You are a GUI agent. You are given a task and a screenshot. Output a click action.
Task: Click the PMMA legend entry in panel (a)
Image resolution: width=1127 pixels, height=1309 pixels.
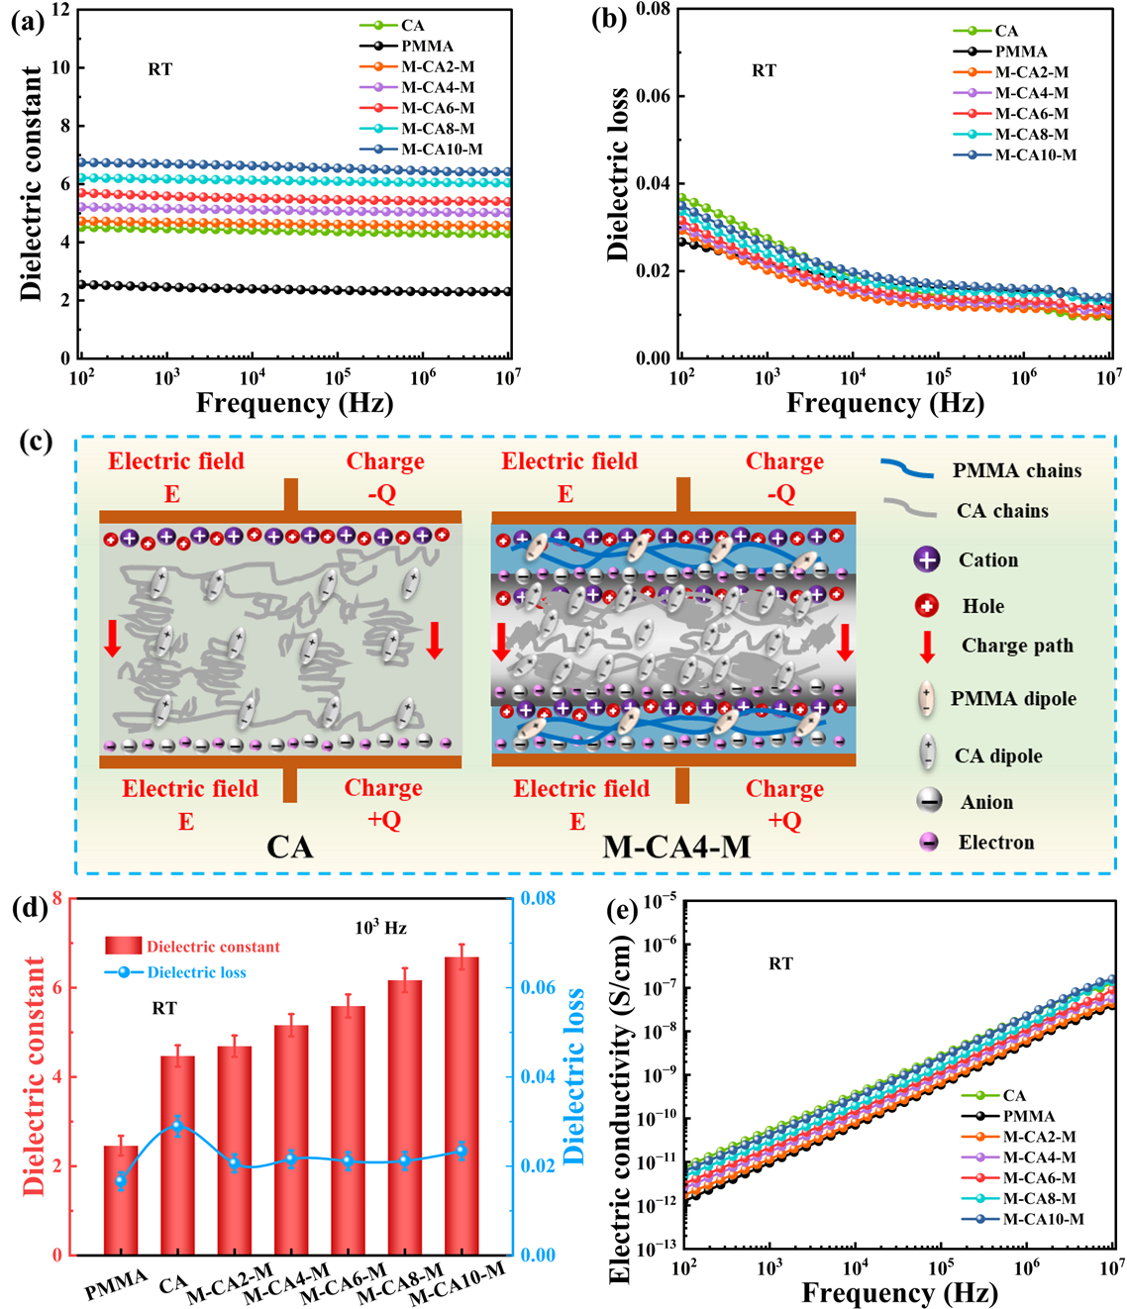coord(427,47)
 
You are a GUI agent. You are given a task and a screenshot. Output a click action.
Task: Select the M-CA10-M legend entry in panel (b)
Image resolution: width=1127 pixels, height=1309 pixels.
coord(1035,155)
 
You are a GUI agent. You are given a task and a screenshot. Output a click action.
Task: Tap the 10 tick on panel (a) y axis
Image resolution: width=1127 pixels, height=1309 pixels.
coord(61,68)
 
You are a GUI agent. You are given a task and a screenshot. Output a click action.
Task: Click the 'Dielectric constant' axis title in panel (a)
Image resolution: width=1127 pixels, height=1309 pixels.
coord(32,183)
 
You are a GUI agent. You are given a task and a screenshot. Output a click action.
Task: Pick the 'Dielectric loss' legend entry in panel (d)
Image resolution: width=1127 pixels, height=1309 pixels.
coord(196,972)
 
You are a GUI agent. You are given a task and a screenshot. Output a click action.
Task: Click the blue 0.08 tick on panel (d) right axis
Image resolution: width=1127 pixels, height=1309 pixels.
coord(538,899)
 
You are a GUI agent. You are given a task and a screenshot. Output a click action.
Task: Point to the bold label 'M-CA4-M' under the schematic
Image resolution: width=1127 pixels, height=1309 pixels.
coord(676,847)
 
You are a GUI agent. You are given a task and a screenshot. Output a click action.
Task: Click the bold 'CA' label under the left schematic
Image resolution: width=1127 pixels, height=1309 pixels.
coord(289,847)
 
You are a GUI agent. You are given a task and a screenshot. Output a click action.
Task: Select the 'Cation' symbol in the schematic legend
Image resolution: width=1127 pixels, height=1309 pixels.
coord(927,559)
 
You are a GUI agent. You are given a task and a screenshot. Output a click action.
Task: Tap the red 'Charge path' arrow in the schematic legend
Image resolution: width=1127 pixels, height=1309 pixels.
coord(927,646)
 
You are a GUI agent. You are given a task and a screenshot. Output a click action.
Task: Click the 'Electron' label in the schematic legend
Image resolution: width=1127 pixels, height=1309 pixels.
coord(995,843)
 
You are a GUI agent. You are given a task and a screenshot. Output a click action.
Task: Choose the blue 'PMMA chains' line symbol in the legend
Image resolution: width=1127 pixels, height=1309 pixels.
coord(906,468)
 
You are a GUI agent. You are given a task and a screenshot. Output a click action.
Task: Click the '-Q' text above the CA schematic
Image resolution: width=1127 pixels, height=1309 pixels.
coord(382,493)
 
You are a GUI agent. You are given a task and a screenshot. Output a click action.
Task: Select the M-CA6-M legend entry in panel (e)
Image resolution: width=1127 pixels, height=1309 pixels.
coord(1039,1178)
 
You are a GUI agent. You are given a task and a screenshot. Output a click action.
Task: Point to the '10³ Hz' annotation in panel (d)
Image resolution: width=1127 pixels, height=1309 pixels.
coord(381,928)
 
